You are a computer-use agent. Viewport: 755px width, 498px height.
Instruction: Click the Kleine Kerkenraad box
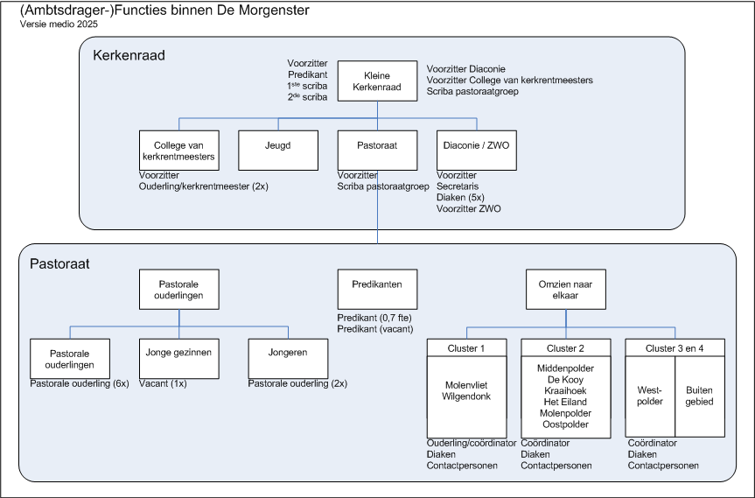click(x=377, y=81)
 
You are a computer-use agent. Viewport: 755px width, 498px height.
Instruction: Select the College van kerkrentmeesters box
click(x=179, y=151)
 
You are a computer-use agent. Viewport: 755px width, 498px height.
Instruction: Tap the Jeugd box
click(x=278, y=151)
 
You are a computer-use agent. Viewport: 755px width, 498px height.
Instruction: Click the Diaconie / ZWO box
click(x=477, y=151)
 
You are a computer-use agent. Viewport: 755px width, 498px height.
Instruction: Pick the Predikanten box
click(x=377, y=289)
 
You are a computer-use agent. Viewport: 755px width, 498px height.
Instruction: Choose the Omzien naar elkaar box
click(x=566, y=289)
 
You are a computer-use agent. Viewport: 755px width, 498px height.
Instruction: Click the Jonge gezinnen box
click(x=179, y=358)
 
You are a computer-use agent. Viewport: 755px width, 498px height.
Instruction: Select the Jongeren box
click(x=288, y=358)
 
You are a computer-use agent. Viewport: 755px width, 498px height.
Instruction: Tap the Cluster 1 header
click(x=466, y=347)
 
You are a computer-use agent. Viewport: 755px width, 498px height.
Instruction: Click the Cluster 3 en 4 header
click(x=675, y=347)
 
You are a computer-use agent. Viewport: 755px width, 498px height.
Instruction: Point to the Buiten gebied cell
click(x=700, y=396)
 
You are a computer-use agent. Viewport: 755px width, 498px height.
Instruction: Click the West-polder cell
click(x=650, y=396)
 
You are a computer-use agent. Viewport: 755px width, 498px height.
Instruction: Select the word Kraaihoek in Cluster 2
click(x=565, y=390)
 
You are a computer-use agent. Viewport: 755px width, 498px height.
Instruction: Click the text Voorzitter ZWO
click(x=469, y=208)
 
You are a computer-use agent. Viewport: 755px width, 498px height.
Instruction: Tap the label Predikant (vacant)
click(x=375, y=329)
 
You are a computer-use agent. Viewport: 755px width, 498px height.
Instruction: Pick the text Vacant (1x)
click(x=163, y=383)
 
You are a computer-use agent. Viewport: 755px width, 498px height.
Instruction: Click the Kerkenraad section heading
click(x=129, y=55)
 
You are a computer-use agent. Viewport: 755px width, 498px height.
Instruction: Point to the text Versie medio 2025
click(x=59, y=25)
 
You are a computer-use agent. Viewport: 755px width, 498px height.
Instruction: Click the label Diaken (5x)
click(x=460, y=198)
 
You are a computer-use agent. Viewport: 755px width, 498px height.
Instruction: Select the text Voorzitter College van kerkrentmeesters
click(x=510, y=80)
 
